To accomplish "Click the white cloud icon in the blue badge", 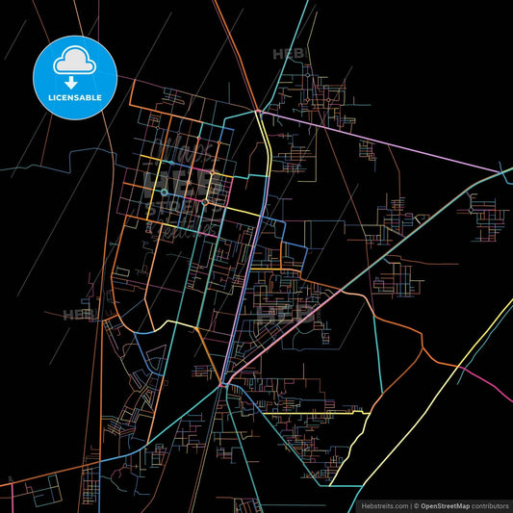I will pyautogui.click(x=75, y=60).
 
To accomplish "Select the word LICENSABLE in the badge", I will pyautogui.click(x=75, y=98).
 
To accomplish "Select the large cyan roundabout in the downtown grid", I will pyautogui.click(x=165, y=192).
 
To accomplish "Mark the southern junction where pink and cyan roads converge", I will pyautogui.click(x=223, y=384).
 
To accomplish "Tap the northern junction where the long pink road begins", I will pyautogui.click(x=258, y=112).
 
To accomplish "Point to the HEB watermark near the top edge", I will pyautogui.click(x=287, y=55).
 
